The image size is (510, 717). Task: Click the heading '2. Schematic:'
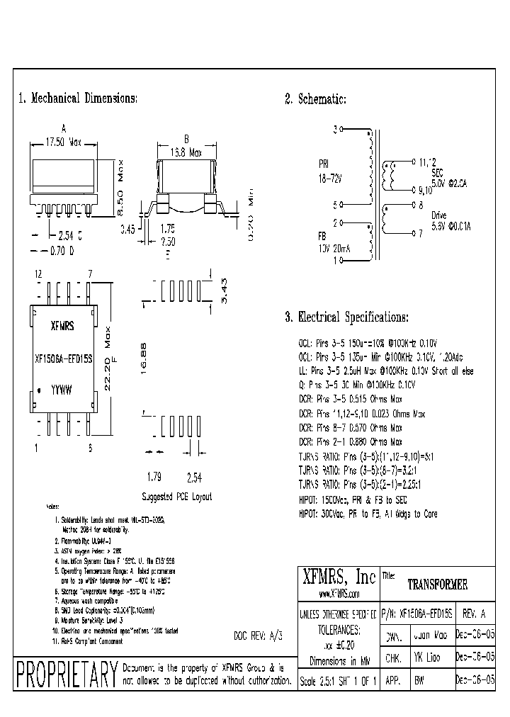(315, 99)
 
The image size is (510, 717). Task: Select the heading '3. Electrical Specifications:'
(346, 317)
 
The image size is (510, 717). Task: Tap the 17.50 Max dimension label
(64, 142)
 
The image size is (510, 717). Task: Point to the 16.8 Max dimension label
(185, 152)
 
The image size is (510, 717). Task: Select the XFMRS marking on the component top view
(62, 328)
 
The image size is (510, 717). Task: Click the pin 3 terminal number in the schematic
(335, 130)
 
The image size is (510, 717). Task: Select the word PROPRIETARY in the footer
(66, 673)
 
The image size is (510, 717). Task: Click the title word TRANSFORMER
(437, 585)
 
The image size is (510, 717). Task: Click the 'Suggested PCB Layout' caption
(176, 497)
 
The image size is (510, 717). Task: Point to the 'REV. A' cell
(473, 614)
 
